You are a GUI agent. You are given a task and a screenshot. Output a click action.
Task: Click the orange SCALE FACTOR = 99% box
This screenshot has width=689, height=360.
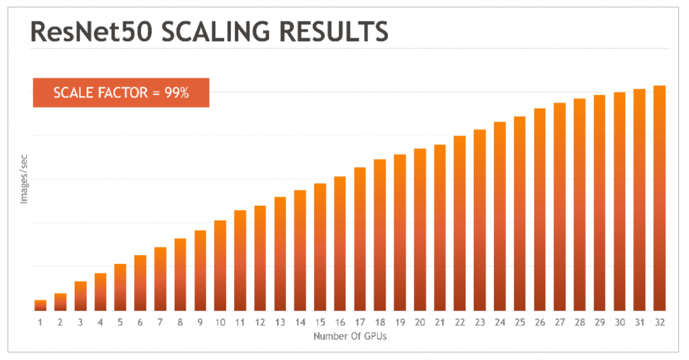121,93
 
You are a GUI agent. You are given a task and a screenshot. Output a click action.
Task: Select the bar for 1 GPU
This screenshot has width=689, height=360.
40,305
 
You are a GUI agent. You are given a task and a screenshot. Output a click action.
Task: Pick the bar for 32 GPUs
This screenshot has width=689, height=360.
659,198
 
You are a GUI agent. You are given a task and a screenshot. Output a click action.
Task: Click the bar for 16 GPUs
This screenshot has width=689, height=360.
340,243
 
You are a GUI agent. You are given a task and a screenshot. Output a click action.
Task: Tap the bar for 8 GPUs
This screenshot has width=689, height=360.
180,274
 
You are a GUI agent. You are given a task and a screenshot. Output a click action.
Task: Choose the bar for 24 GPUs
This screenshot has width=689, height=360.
499,216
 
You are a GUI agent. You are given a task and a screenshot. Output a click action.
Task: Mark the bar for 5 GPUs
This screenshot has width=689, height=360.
120,287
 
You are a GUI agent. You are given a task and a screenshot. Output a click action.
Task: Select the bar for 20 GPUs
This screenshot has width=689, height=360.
420,229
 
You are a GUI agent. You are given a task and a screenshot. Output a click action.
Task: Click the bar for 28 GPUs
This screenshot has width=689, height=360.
579,204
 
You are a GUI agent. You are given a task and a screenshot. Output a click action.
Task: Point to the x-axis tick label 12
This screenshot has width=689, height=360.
260,323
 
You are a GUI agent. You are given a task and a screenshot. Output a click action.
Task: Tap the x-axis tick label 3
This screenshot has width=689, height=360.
80,323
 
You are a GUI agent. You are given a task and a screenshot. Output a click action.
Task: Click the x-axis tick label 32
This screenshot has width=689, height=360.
659,323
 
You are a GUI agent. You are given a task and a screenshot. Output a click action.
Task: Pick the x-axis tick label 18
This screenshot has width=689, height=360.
379,323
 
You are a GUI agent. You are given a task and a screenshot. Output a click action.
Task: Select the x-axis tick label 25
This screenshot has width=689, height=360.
519,323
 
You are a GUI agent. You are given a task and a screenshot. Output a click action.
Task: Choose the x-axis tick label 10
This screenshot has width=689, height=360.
220,323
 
